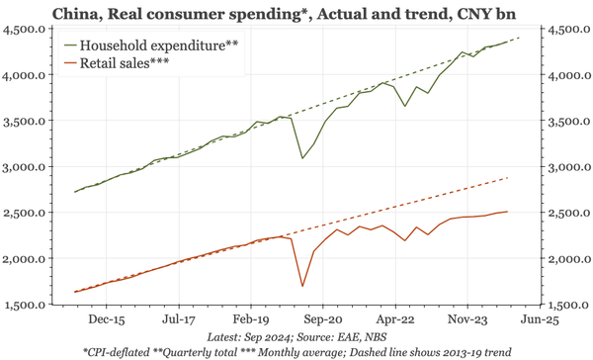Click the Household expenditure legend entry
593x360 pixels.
tap(157, 45)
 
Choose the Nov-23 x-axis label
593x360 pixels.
tap(464, 320)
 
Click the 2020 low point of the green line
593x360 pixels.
tap(302, 158)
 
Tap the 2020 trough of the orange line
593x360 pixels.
tap(302, 287)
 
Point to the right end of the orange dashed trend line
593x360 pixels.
tap(508, 178)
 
